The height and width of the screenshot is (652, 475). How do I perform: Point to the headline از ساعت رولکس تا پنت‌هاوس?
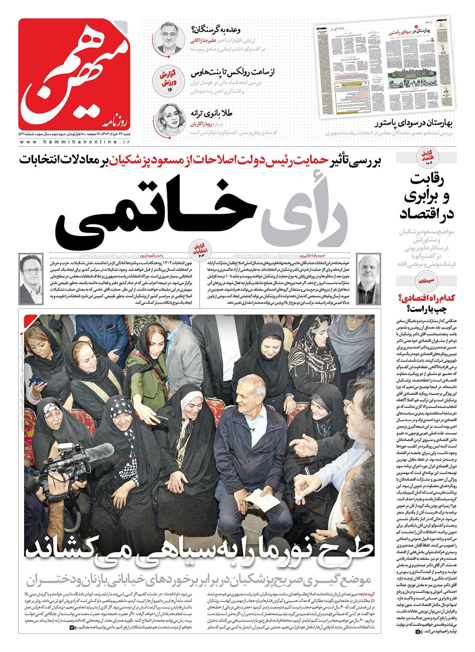pos(233,73)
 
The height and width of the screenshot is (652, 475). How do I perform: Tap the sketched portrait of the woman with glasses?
pos(170,119)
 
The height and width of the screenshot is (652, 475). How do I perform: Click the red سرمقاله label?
pos(431,282)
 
